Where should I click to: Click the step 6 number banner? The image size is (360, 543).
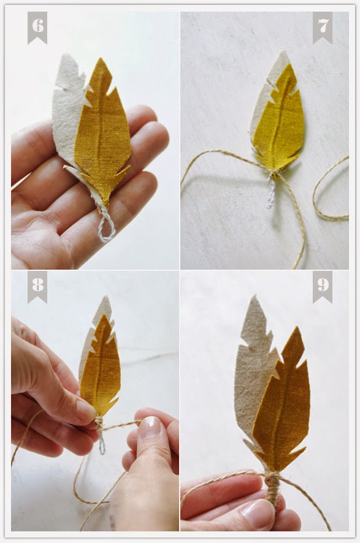(37, 27)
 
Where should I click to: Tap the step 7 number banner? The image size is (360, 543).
(323, 27)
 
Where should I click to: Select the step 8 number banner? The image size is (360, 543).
(37, 286)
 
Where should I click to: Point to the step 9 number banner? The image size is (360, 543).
(323, 286)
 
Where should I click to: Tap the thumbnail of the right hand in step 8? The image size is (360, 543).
(150, 430)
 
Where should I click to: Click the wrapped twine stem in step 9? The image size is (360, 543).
(272, 493)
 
